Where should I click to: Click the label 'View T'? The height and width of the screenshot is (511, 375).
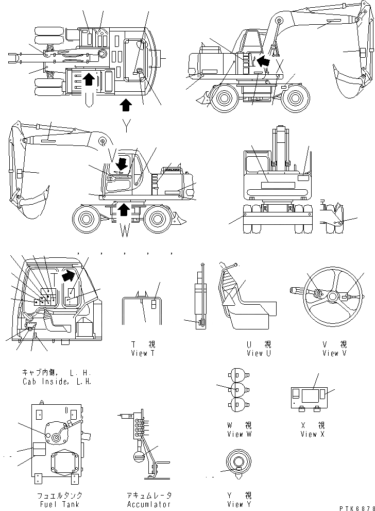[x=143, y=353]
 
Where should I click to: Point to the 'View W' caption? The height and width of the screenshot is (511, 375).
[x=240, y=434]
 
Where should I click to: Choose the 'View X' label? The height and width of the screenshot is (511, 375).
[x=313, y=434]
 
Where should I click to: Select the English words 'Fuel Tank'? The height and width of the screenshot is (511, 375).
[x=58, y=504]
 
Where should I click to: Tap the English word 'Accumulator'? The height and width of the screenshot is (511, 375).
[x=148, y=504]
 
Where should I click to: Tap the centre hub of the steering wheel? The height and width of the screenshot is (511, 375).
[x=333, y=296]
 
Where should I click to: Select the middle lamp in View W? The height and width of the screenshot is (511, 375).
[x=237, y=388]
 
